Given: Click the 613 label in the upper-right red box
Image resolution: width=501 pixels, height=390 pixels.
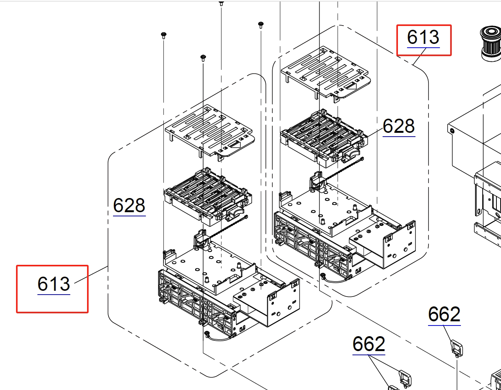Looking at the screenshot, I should click(423, 37).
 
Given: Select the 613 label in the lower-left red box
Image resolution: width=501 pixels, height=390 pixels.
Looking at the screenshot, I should click(54, 284).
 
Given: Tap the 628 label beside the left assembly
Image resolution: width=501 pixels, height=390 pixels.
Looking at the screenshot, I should click(129, 206).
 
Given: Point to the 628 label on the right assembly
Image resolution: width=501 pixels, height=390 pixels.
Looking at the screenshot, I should click(398, 126).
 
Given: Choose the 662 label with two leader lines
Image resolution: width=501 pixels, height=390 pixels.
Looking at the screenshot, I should click(368, 344).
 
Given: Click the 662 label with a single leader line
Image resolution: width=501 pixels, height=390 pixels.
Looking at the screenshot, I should click(444, 314).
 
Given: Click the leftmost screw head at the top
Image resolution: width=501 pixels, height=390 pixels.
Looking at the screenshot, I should click(163, 35).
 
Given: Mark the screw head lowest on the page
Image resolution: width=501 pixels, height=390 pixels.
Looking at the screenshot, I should click(203, 58).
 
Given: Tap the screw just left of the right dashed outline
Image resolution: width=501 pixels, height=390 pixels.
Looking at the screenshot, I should click(261, 25).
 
